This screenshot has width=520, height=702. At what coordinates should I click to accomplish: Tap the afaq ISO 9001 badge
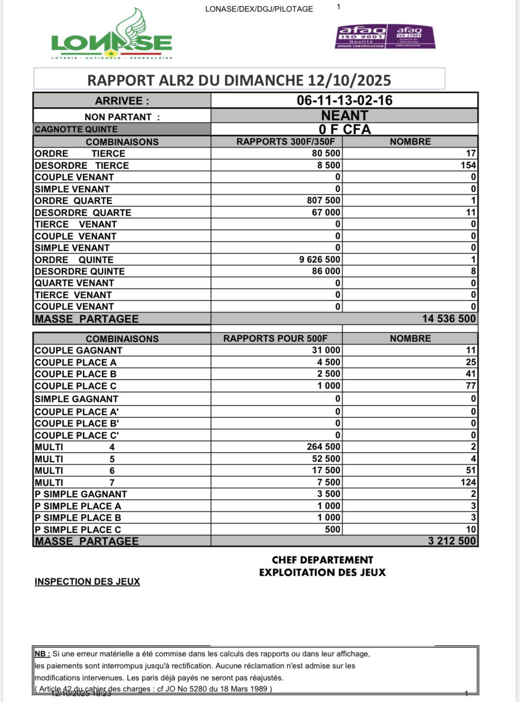click(x=361, y=37)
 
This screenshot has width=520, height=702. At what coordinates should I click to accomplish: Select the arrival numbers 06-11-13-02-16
click(x=344, y=100)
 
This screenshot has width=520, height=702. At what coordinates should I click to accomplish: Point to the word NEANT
click(x=344, y=115)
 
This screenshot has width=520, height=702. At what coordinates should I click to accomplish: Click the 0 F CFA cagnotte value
click(x=344, y=129)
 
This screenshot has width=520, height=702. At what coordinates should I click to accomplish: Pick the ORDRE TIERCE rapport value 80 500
click(x=326, y=153)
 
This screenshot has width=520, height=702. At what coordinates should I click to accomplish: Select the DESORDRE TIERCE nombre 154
click(x=468, y=165)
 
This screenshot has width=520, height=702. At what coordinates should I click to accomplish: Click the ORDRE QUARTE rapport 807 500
click(x=323, y=201)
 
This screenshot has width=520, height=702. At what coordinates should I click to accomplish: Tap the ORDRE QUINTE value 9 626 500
click(x=319, y=259)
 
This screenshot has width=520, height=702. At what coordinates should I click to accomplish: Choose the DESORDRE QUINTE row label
click(x=80, y=271)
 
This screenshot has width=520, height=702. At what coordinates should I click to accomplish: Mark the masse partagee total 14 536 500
click(x=448, y=318)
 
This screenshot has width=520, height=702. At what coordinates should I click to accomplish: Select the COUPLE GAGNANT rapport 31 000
click(x=326, y=350)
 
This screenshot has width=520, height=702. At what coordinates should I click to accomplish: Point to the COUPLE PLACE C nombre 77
click(x=471, y=385)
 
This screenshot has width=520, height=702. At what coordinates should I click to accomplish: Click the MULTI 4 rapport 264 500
click(x=323, y=446)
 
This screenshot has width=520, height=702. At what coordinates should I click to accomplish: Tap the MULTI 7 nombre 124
click(x=468, y=482)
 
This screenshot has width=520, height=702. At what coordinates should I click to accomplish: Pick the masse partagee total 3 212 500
click(x=452, y=541)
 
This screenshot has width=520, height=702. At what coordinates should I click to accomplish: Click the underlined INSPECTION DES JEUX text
click(x=87, y=581)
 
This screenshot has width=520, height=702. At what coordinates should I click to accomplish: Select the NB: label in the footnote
click(x=43, y=654)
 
